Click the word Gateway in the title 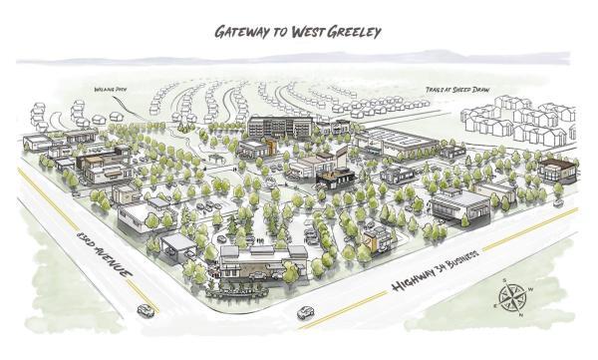[245, 31]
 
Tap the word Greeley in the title [355, 31]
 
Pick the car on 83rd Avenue [146, 310]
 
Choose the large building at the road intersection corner [262, 262]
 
